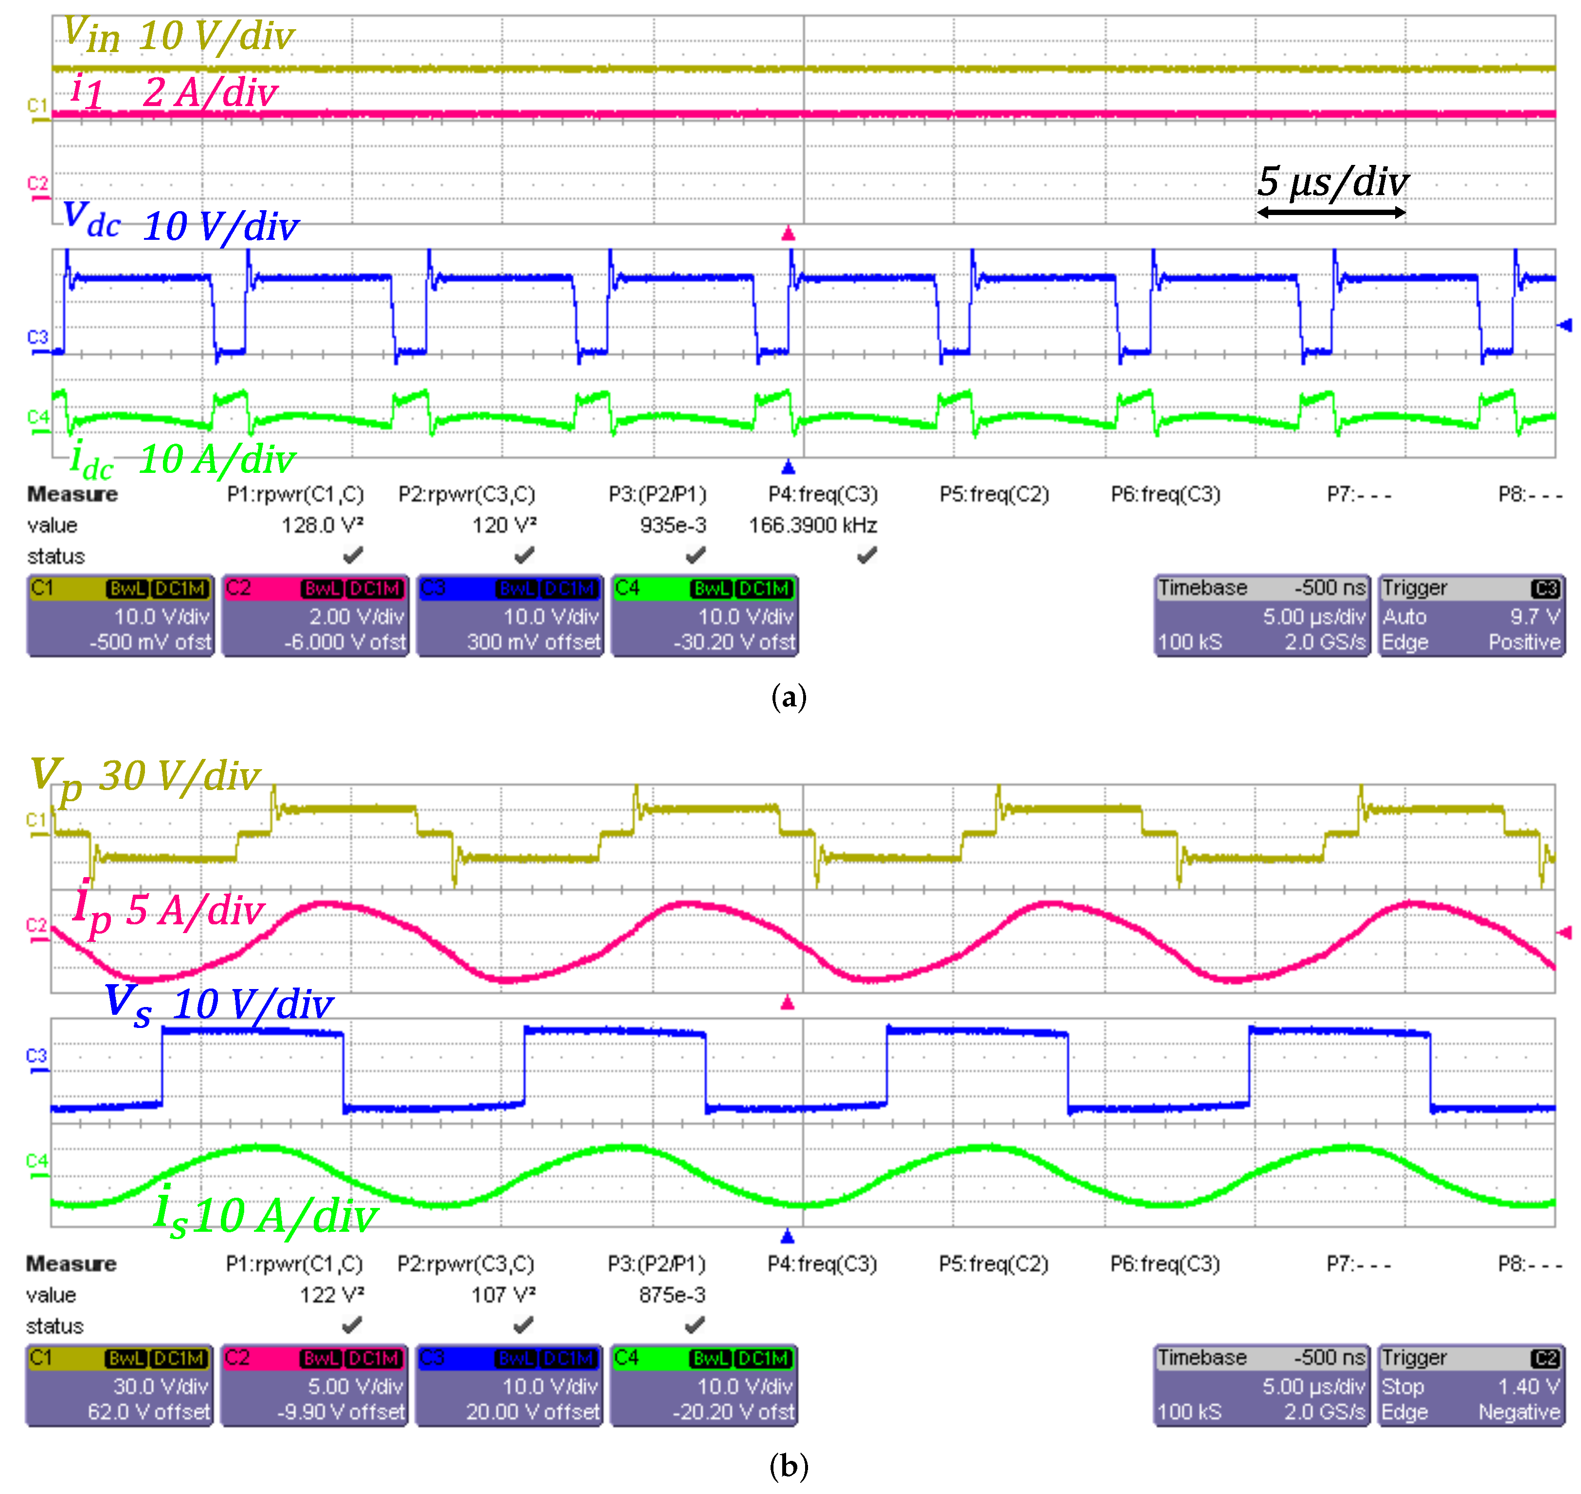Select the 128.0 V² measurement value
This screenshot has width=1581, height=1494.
tap(323, 525)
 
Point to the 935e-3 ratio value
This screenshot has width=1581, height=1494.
tap(673, 525)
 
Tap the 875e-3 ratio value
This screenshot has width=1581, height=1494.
tap(672, 1296)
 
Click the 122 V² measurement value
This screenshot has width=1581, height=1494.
tap(331, 1296)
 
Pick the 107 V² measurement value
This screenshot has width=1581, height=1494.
tap(503, 1296)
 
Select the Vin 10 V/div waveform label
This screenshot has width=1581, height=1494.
tap(179, 36)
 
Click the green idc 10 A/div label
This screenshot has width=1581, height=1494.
tap(183, 460)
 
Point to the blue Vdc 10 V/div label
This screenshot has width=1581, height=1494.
tap(181, 223)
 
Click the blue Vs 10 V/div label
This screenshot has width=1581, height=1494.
tap(219, 1004)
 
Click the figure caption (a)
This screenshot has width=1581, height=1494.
tap(790, 698)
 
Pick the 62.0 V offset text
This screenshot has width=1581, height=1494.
tap(149, 1412)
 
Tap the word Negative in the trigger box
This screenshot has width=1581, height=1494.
tap(1519, 1412)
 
